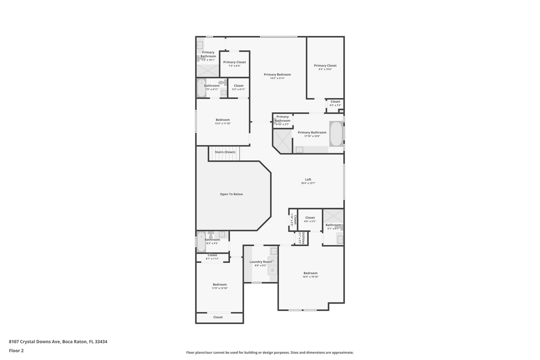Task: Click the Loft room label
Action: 308,179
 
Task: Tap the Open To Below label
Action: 231,194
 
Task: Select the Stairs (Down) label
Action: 224,152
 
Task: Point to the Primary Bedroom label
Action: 277,74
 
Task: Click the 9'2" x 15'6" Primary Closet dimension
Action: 325,69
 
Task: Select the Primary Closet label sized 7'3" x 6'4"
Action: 234,62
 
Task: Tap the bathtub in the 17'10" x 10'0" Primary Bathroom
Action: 336,133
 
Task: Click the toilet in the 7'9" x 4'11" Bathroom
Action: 222,82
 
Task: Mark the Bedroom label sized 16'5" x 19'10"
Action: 310,273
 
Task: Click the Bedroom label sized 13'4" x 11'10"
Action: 222,119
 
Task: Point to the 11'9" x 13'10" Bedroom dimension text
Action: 219,288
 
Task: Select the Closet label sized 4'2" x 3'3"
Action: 335,101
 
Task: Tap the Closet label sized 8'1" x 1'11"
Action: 212,255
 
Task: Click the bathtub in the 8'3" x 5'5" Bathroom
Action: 201,242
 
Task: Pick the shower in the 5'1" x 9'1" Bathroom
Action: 333,215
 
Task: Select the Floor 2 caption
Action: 16,350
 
